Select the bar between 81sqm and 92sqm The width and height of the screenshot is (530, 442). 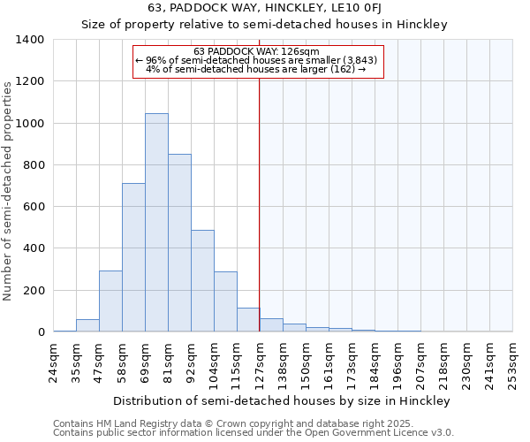click(179, 243)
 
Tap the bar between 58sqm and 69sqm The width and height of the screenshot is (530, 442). click(133, 257)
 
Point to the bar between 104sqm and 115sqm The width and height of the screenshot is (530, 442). click(225, 301)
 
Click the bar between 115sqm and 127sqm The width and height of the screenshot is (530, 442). click(248, 320)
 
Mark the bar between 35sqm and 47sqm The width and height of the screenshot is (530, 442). click(87, 325)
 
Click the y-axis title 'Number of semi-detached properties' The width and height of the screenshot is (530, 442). click(9, 190)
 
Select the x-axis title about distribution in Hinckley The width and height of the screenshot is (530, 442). click(283, 400)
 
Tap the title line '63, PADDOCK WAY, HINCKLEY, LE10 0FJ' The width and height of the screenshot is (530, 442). click(265, 9)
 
